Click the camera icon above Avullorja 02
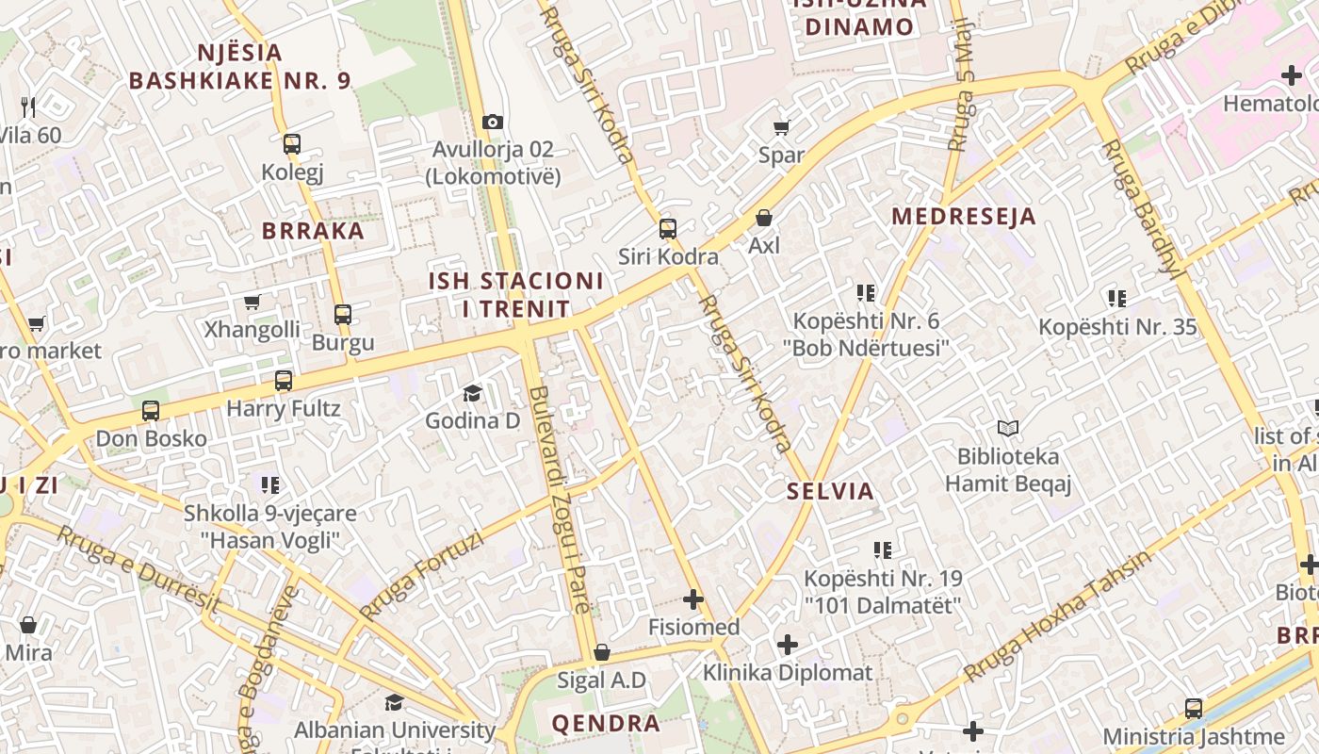492,122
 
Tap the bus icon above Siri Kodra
667,228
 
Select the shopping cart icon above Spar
781,127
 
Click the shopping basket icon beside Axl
764,218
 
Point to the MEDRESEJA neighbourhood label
963,216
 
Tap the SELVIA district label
830,491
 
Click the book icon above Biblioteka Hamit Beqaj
1008,429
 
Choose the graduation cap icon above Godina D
472,393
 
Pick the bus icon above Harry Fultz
283,381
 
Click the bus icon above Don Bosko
151,411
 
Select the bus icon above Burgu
343,315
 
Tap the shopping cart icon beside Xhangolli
252,303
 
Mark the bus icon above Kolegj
292,144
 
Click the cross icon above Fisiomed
693,598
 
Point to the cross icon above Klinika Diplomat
788,645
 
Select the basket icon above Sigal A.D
601,652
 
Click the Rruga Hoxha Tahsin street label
1056,617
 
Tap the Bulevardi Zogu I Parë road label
560,500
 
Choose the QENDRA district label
606,723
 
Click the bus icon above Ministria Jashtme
1194,708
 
